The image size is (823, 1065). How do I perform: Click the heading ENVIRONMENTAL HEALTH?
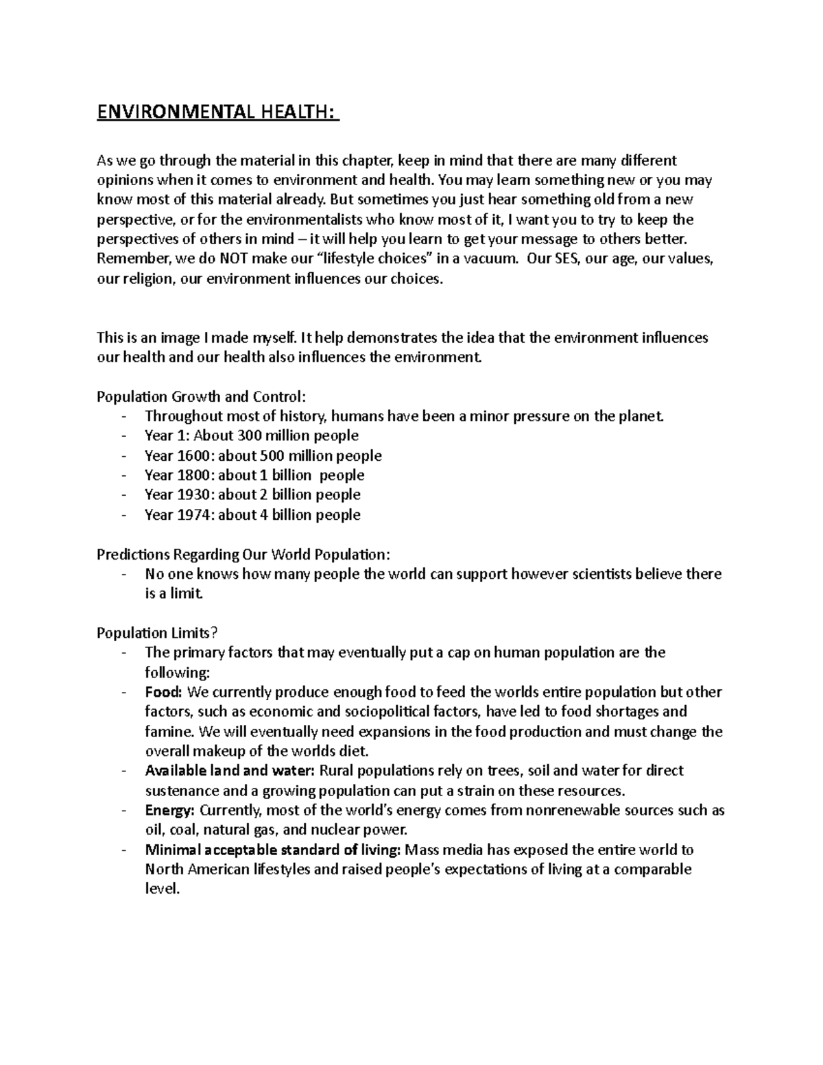[217, 111]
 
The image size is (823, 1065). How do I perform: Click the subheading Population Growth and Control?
[202, 396]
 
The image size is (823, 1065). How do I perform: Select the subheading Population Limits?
[161, 633]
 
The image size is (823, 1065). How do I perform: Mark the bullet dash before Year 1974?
[123, 514]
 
